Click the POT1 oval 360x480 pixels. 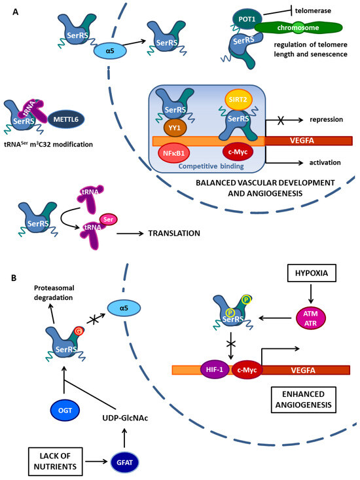(247, 19)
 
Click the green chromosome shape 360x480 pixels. (298, 28)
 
